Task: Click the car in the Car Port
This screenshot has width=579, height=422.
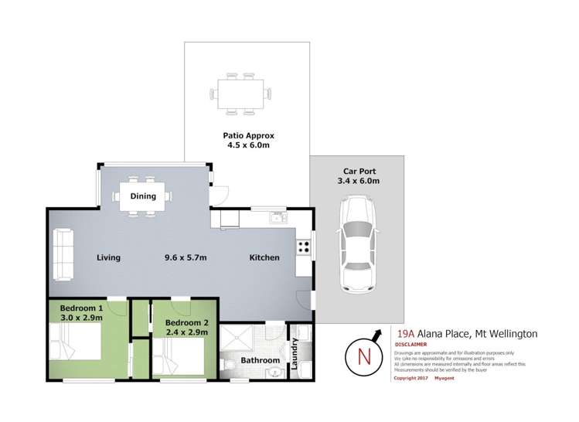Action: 357,243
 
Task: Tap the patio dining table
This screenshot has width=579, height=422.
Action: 243,94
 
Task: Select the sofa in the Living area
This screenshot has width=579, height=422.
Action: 63,256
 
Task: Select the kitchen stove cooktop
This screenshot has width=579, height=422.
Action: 302,248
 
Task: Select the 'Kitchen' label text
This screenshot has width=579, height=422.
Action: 264,257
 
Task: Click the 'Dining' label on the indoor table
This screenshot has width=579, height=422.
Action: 143,196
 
